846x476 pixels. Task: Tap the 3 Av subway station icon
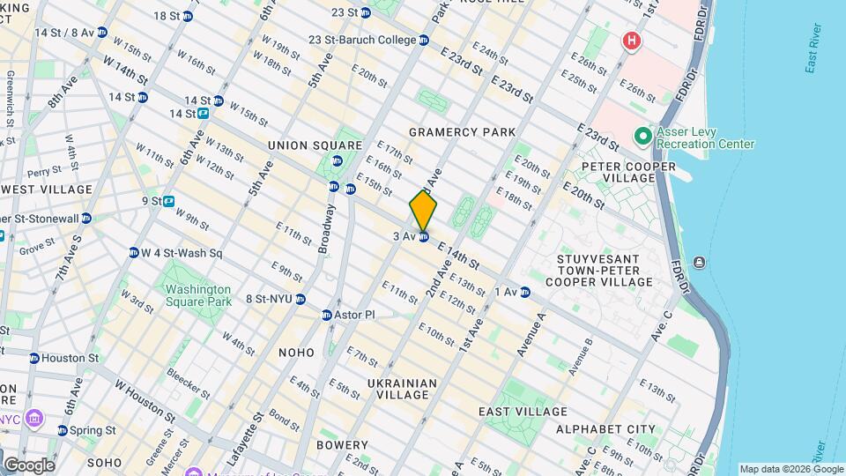click(424, 237)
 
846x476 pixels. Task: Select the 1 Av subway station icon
click(525, 293)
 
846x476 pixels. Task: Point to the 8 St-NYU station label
click(269, 299)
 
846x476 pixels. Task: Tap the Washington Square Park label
click(197, 295)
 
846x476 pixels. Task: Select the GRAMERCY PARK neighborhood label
click(462, 132)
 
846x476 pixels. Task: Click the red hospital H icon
click(630, 41)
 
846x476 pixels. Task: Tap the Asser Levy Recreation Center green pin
click(642, 137)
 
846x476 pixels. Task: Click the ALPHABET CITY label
click(605, 429)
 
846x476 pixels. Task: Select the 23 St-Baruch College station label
click(362, 41)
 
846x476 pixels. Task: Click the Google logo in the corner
click(29, 465)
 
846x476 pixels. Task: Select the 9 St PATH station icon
click(168, 201)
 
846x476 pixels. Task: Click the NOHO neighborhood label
click(296, 353)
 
